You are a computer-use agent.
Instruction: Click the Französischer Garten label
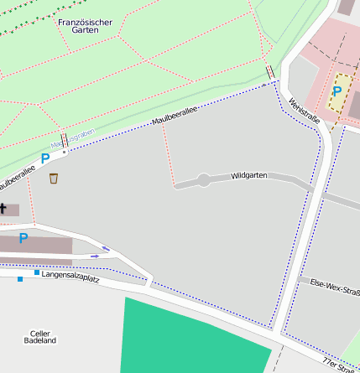pos(79,25)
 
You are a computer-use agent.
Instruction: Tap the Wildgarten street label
pos(248,176)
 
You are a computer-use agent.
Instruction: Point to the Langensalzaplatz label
pos(70,276)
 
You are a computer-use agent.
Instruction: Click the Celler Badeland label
pos(40,337)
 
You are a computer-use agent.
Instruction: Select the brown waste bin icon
pos(54,178)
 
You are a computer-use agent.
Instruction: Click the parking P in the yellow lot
pos(337,91)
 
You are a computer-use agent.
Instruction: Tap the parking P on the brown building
pos(23,239)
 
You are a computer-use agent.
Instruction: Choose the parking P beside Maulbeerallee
pos(45,158)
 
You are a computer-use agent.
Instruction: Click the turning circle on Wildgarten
pos(203,180)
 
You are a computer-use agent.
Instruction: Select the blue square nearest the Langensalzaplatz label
pos(37,272)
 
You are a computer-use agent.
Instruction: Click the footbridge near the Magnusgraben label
pos(65,140)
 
